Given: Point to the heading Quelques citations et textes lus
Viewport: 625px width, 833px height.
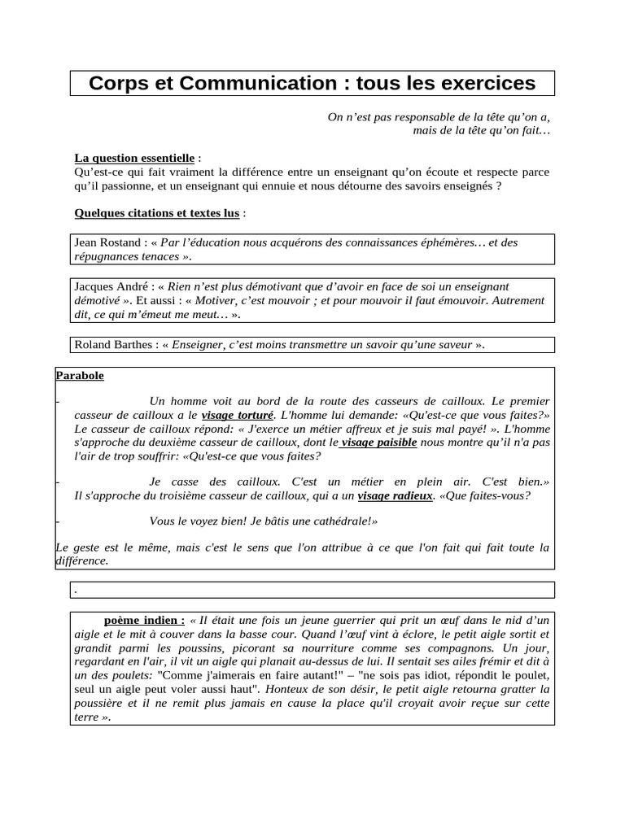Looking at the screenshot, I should tap(156, 213).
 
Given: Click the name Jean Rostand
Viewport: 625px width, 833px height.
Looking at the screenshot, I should tap(107, 242).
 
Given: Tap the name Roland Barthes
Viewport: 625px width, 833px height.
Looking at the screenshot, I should tap(113, 345).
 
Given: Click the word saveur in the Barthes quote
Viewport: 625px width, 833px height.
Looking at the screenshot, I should tap(452, 345).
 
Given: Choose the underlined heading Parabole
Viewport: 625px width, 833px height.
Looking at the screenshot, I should tap(80, 376).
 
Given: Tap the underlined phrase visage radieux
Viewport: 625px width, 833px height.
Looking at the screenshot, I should tap(395, 495).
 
